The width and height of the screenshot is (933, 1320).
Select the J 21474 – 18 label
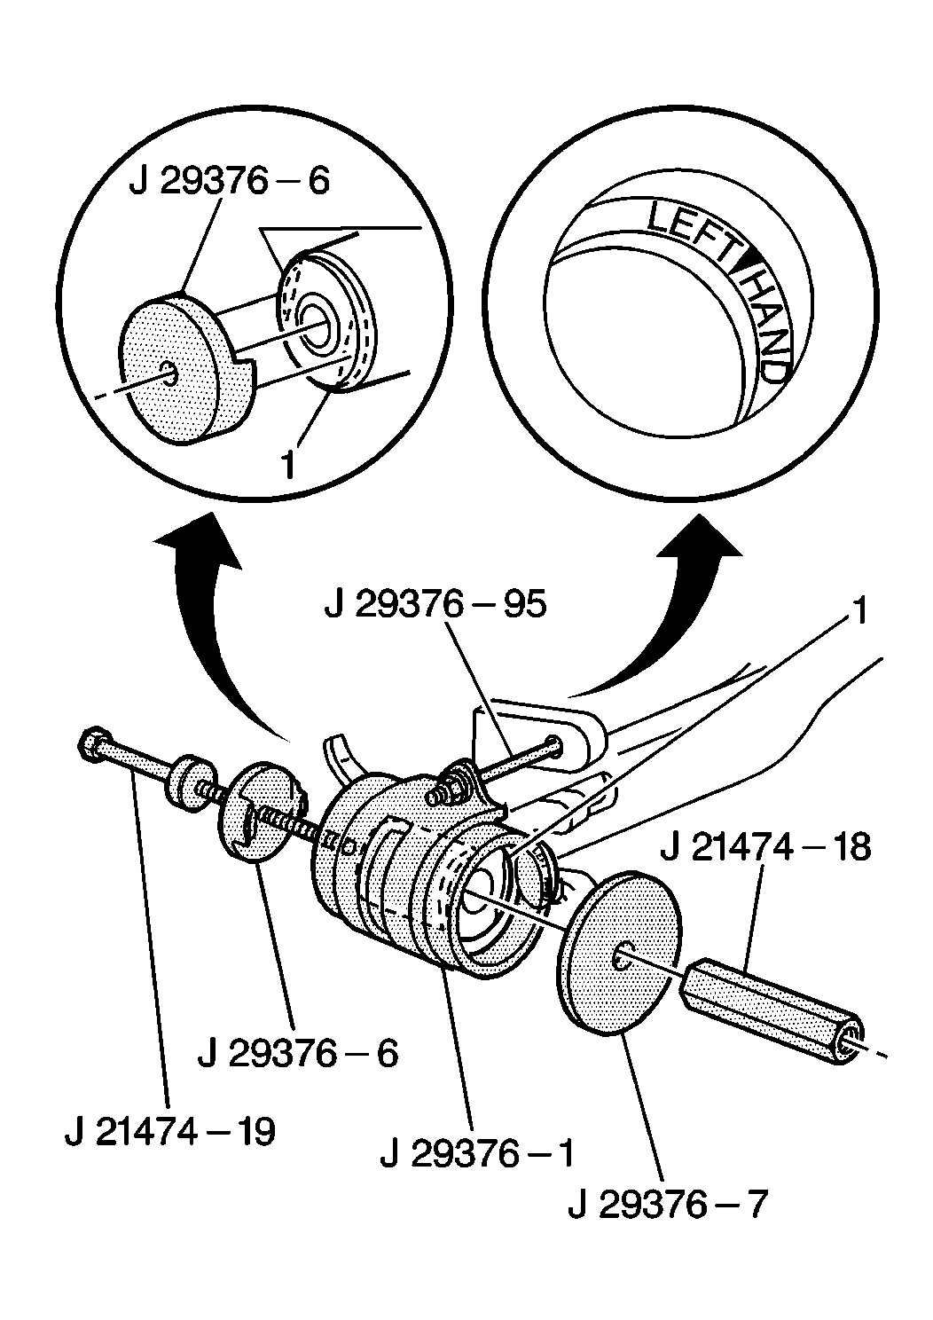[x=765, y=847]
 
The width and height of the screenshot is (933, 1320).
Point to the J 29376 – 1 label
[x=477, y=1153]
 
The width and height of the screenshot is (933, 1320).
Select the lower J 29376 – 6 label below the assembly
[x=297, y=1053]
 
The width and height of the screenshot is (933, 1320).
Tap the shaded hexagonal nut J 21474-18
[x=772, y=1008]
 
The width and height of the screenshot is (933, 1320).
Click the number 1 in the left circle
[x=288, y=465]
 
